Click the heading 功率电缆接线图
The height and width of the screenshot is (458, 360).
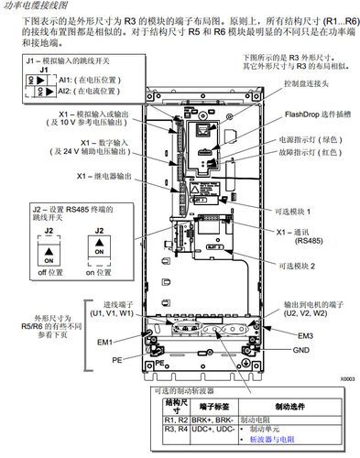(38, 6)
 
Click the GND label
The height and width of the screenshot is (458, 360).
(300, 350)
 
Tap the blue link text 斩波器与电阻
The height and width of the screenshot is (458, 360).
(276, 439)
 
